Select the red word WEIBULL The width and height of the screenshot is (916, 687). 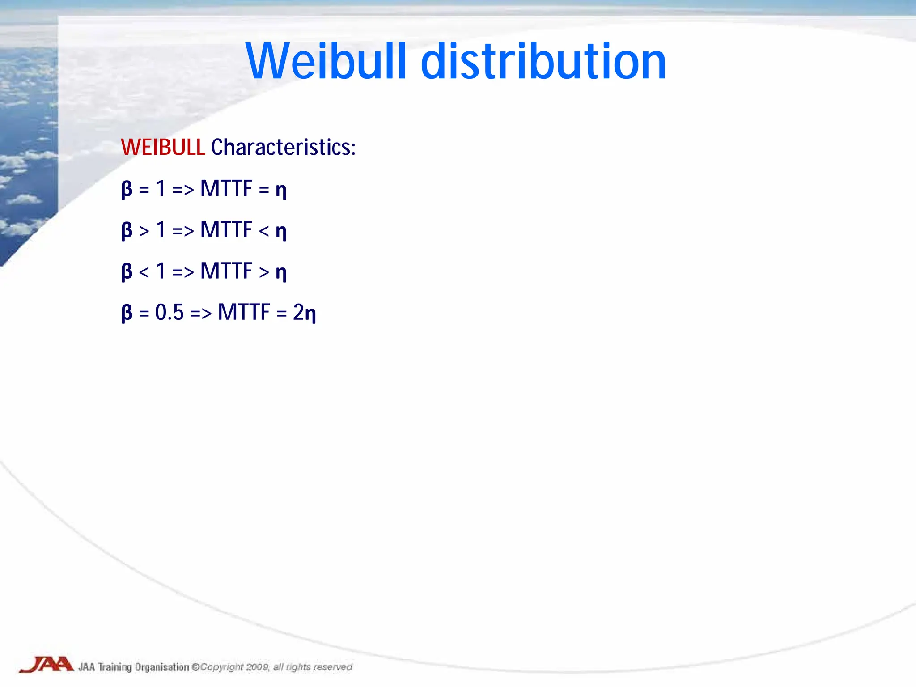[163, 147]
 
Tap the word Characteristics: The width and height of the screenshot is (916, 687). [283, 147]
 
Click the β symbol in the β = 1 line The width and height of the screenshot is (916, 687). [127, 189]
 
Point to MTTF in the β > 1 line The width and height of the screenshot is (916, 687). [226, 230]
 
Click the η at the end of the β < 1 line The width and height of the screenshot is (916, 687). [281, 272]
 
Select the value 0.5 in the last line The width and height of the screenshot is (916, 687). [170, 312]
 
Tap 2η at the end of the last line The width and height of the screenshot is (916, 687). [305, 312]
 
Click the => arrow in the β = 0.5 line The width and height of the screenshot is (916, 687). [201, 313]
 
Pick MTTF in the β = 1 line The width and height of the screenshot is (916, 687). [226, 189]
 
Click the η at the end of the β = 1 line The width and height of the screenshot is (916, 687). [281, 190]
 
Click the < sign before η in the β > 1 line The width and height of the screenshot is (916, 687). [264, 231]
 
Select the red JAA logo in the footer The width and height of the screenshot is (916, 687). [47, 664]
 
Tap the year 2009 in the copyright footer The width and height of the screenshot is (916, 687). [257, 667]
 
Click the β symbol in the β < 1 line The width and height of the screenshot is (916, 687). [127, 271]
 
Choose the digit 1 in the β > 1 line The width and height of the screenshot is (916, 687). [161, 230]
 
